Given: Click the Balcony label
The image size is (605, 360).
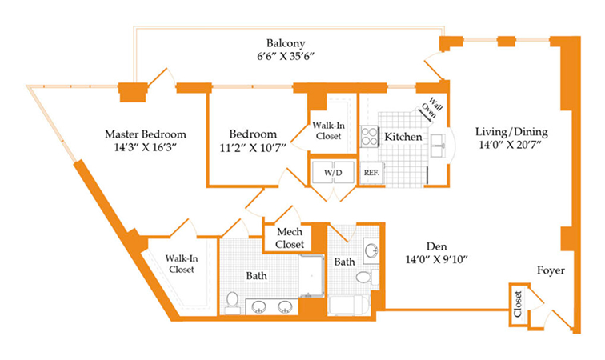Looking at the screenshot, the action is point(286,43).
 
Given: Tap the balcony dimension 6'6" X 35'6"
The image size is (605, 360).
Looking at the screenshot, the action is point(286,56).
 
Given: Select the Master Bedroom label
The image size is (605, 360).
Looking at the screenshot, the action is point(146,134).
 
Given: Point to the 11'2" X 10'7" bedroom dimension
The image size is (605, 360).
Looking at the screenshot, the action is point(253,148).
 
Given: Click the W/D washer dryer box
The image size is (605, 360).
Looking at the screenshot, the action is point(333,173).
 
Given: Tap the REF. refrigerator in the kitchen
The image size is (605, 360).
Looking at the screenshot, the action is point(371,173).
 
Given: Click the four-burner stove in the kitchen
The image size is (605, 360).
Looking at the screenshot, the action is point(369,137).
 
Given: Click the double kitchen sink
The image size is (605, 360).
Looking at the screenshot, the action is point(439,146).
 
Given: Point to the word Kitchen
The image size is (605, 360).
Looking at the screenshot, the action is point(403,137).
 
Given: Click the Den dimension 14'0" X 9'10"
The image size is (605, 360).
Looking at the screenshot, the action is point(436,259).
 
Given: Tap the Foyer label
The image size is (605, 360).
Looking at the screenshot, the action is point(551,270).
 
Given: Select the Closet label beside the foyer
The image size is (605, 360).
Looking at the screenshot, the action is point(518,304).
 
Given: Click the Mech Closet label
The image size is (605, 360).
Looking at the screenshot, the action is point(290,238).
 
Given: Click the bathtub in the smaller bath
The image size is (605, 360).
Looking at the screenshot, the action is point(349,306).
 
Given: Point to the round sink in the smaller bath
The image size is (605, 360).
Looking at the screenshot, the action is point(371,251).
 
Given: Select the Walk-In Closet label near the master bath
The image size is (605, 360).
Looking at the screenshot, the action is point(182,264).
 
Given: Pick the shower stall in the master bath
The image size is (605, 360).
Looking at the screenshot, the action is point(311,275).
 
